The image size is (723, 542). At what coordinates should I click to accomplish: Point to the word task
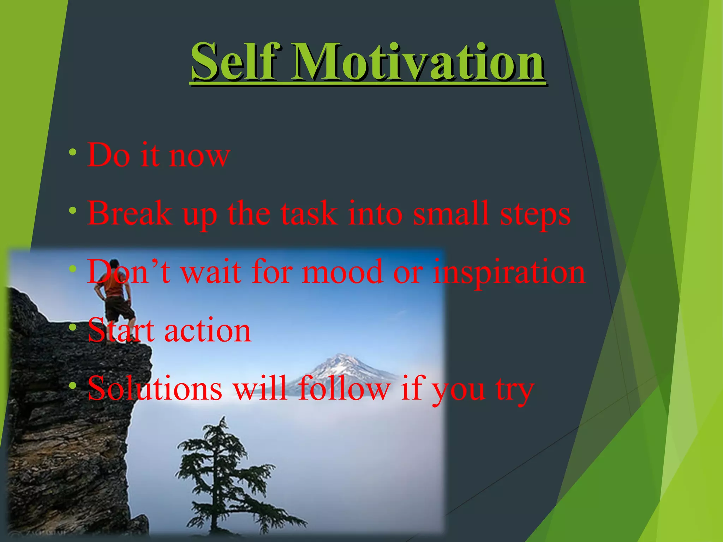pyautogui.click(x=309, y=213)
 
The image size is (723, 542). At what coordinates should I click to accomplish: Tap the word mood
pyautogui.click(x=342, y=272)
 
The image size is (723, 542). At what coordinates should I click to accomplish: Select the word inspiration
pyautogui.click(x=509, y=272)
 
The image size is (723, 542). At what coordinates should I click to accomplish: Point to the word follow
pyautogui.click(x=344, y=389)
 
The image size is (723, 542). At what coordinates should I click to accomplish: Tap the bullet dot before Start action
pyautogui.click(x=73, y=328)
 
